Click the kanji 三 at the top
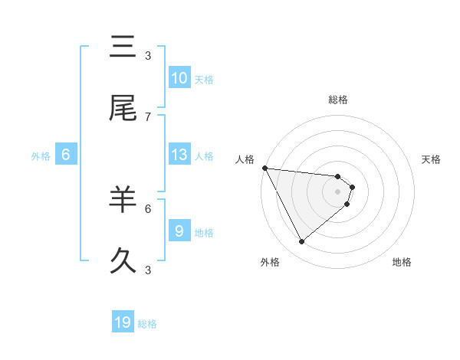[x=123, y=47]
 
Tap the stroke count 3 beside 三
[x=148, y=55]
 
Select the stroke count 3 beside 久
[x=148, y=270]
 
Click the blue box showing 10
[x=179, y=78]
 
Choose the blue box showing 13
[x=179, y=155]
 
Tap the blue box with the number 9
[x=179, y=231]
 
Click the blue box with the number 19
[x=123, y=322]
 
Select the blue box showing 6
[x=66, y=155]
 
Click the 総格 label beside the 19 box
[x=147, y=323]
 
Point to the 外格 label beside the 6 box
[x=41, y=155]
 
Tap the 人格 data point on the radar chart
[x=264, y=168]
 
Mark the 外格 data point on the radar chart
[x=301, y=241]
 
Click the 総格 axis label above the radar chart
[x=338, y=100]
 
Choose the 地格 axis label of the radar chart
[x=402, y=262]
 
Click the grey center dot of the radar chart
[x=337, y=191]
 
